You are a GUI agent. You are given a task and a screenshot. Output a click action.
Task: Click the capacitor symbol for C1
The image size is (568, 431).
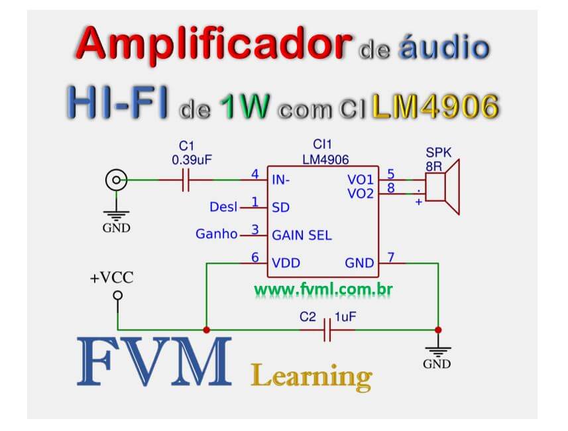(x=186, y=180)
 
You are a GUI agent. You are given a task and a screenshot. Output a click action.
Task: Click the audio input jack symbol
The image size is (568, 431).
(x=117, y=180)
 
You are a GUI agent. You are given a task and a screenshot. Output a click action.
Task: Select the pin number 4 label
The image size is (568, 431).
(x=255, y=175)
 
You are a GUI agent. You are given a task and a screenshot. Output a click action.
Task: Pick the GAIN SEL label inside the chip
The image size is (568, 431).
(x=302, y=235)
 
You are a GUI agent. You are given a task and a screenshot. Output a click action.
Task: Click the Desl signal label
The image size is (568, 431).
(x=223, y=207)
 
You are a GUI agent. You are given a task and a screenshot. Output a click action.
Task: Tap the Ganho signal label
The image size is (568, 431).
(x=216, y=234)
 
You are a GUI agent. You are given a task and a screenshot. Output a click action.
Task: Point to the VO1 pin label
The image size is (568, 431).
(x=360, y=180)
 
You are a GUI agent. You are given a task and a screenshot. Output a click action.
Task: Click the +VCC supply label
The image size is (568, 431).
(x=111, y=278)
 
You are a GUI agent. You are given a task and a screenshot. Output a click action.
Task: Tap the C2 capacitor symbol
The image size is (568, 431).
(x=327, y=330)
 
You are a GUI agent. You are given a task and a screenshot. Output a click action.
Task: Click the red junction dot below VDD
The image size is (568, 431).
(x=206, y=330)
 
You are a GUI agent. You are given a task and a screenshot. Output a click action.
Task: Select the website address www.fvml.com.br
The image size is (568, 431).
(x=320, y=290)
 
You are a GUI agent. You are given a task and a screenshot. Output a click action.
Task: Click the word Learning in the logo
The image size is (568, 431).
(x=312, y=377)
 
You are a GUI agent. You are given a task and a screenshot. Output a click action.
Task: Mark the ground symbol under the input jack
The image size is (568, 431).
(x=117, y=215)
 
